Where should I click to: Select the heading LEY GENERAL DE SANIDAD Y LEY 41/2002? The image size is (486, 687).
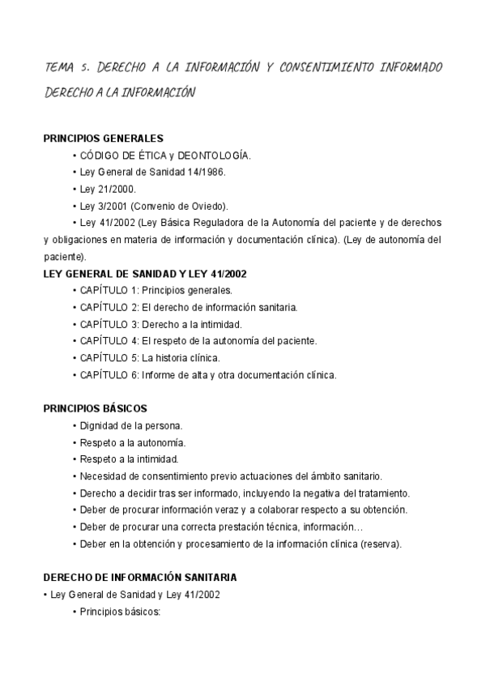point(145,274)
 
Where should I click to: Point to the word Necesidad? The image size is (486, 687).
point(101,476)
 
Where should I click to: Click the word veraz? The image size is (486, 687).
point(249,510)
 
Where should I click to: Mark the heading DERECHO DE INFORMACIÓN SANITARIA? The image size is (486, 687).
point(139,578)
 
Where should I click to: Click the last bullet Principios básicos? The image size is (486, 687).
point(120,612)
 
